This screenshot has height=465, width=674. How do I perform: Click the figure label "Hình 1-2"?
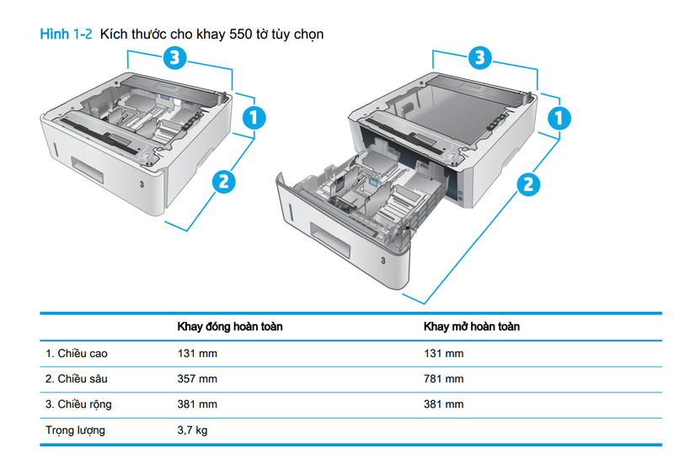click(x=66, y=35)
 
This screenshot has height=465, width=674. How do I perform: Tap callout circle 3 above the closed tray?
click(x=174, y=57)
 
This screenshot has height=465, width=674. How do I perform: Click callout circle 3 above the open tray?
click(x=479, y=57)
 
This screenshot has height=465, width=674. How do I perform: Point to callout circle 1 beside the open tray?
click(x=559, y=118)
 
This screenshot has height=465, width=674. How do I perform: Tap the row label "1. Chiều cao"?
click(x=77, y=353)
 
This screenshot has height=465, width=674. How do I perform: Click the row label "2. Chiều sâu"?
click(x=77, y=379)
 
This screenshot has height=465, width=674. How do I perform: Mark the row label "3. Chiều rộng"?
click(x=78, y=404)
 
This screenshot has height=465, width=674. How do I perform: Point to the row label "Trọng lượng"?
click(x=75, y=430)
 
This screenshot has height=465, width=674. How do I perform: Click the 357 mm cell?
click(x=197, y=379)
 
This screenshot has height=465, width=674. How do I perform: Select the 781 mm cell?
click(x=443, y=379)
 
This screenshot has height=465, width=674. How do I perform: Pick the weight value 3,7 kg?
click(x=192, y=430)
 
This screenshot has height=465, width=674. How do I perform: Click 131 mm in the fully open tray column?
click(x=443, y=353)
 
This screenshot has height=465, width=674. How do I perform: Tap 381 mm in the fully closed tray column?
click(x=197, y=404)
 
